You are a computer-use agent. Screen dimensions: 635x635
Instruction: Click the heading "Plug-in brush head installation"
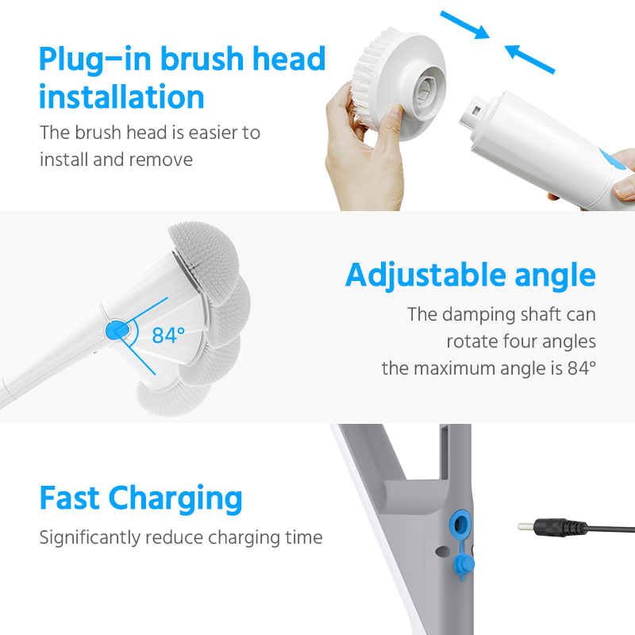pos(183,77)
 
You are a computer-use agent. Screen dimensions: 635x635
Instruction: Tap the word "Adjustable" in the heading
pos(425,275)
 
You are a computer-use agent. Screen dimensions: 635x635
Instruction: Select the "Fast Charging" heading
pos(141,498)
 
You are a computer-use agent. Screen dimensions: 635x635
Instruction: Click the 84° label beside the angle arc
pos(168,335)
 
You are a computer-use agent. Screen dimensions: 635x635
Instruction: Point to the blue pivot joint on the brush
pos(117,330)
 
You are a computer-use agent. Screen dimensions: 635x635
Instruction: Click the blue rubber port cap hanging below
pos(464,564)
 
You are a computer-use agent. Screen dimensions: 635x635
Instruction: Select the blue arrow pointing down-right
pos(464,25)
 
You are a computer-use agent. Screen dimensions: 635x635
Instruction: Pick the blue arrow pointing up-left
pos(529,59)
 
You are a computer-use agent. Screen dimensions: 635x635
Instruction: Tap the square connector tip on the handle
pos(473,110)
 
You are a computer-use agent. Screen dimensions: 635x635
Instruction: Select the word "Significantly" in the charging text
pos(90,538)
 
